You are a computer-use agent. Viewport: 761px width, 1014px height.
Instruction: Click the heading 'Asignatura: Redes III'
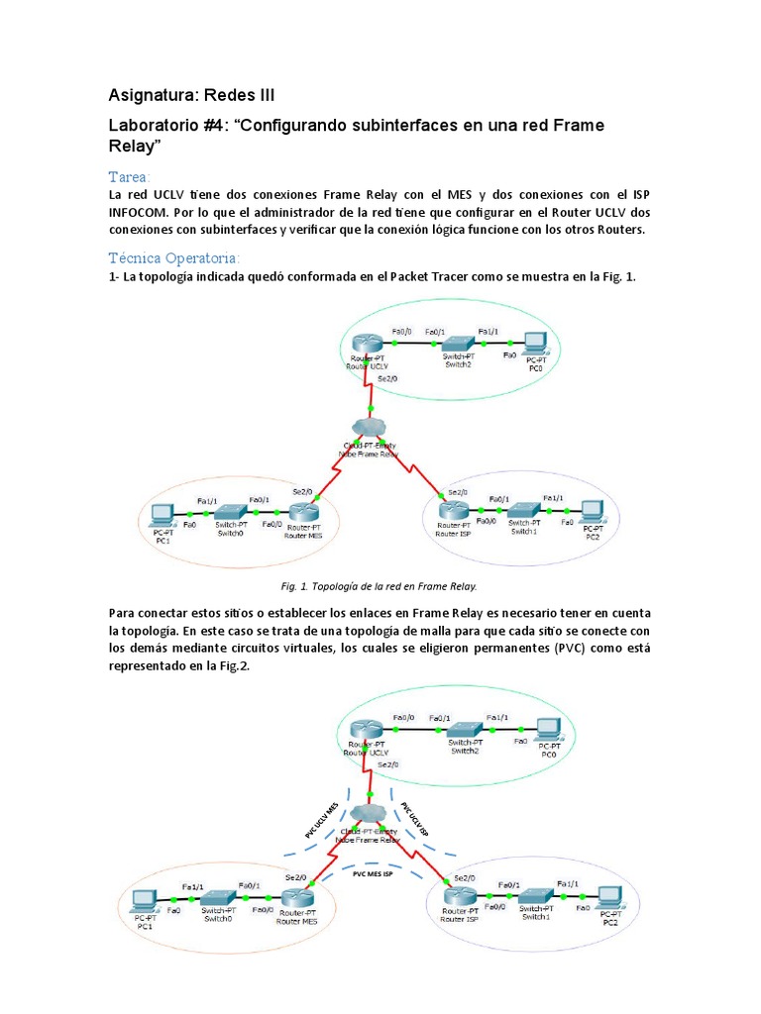190,95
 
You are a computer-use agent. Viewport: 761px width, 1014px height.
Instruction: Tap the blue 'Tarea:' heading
130,175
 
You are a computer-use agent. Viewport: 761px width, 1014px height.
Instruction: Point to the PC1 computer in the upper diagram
162,515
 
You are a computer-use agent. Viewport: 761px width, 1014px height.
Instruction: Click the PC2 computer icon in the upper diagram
592,511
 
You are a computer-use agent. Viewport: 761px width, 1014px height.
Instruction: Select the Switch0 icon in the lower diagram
219,898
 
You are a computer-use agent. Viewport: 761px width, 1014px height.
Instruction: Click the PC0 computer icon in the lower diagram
545,727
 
